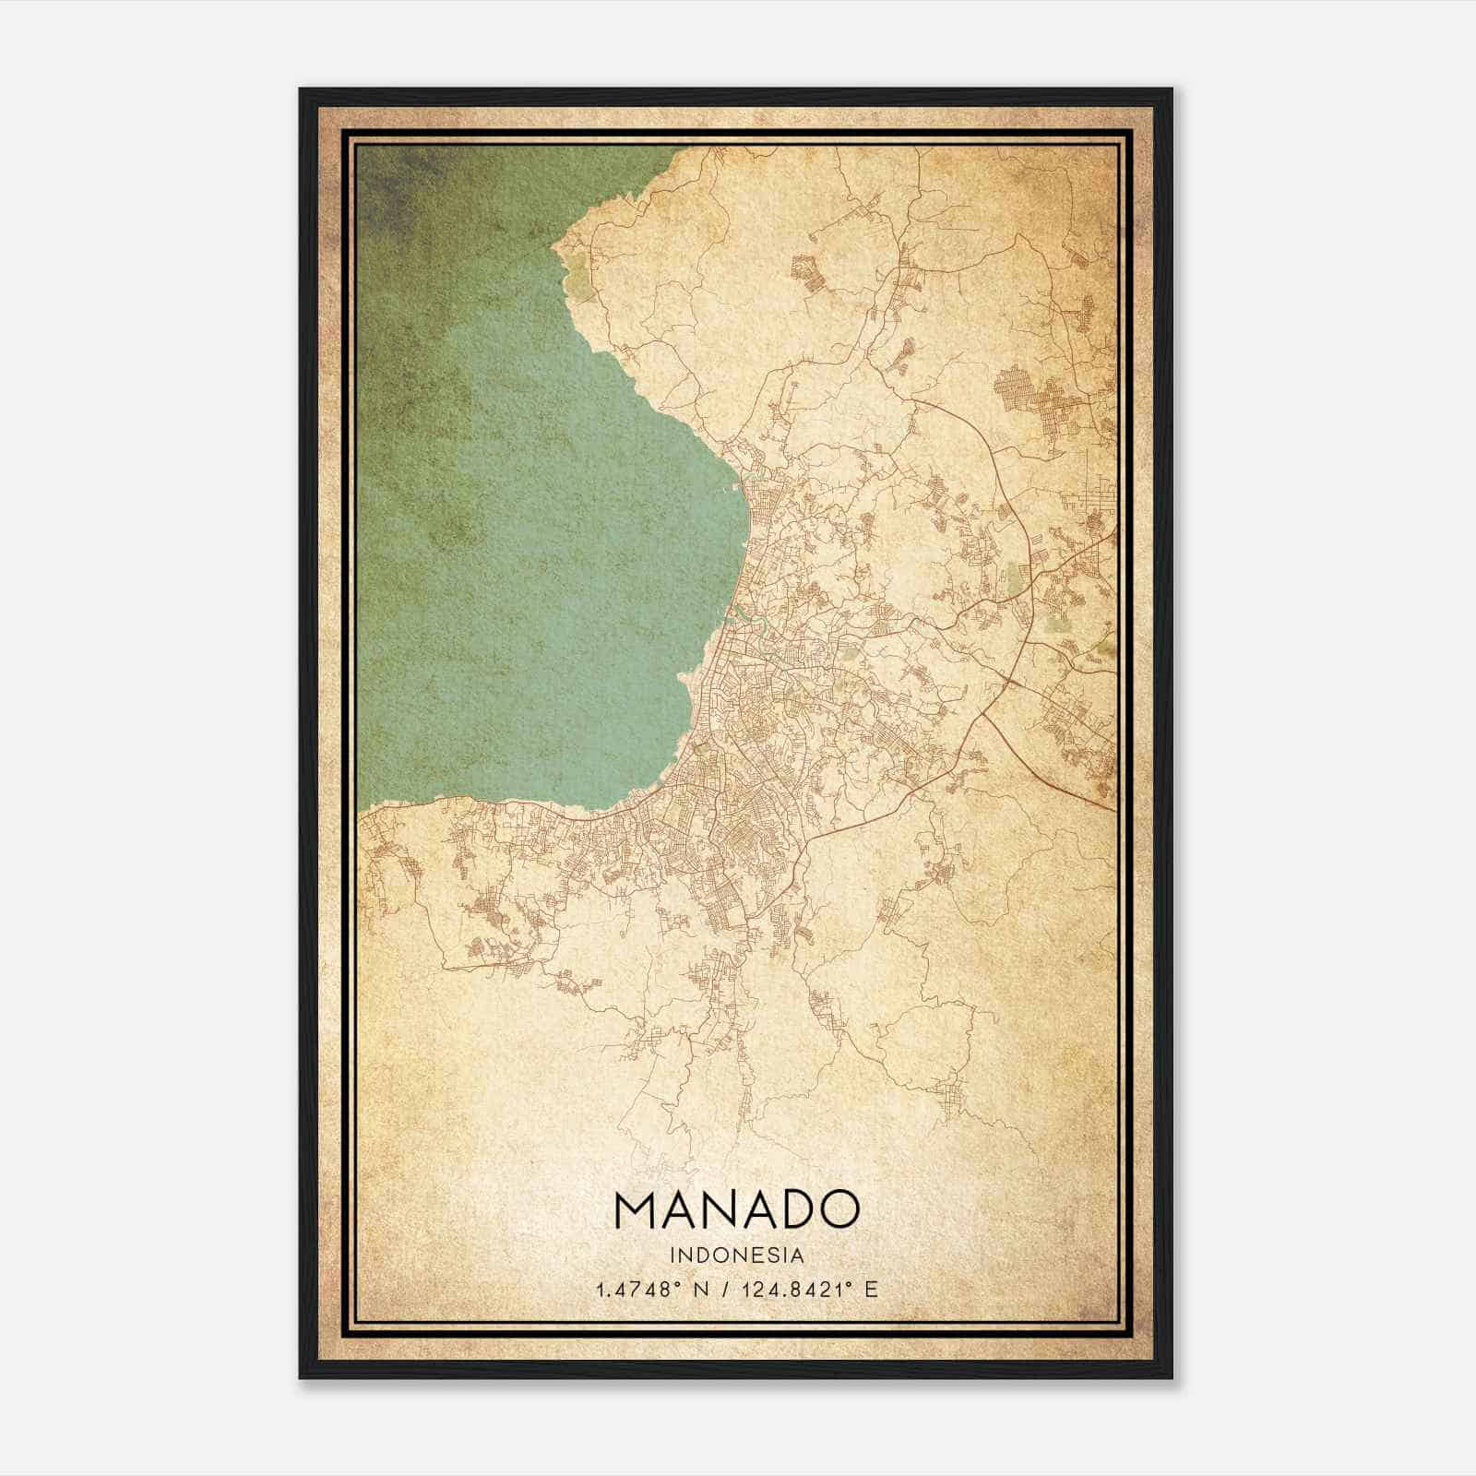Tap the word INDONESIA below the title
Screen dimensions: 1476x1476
tap(737, 1256)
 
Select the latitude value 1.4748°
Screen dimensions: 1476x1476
tap(638, 1289)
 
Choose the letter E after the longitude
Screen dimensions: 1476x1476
tap(872, 1289)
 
